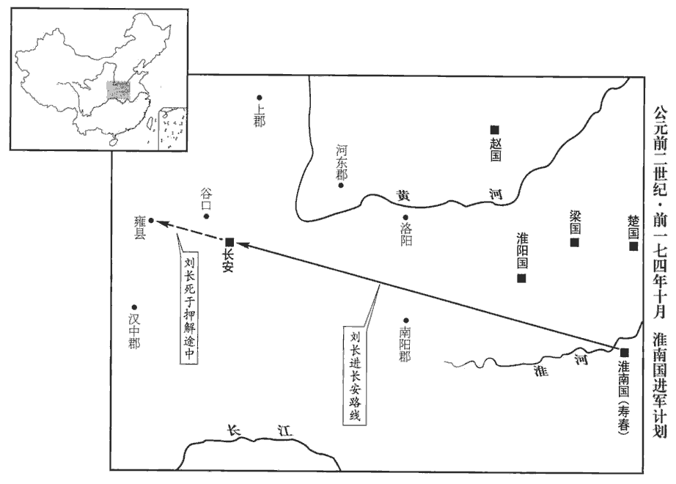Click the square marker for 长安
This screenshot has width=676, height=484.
(229, 242)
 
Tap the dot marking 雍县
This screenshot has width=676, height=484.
(151, 221)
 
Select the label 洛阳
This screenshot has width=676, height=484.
(406, 235)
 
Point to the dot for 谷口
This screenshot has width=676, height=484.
(207, 216)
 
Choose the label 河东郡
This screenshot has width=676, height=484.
(342, 162)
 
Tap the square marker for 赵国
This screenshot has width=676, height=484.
(494, 129)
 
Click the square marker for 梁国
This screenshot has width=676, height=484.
(574, 243)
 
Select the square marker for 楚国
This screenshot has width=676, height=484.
(633, 246)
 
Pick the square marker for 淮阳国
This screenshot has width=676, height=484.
(521, 278)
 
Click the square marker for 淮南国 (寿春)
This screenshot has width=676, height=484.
(624, 352)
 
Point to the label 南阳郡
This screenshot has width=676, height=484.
(405, 344)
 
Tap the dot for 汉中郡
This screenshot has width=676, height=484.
(134, 307)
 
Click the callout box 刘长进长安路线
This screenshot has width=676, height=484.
(354, 375)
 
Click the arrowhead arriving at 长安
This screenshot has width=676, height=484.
(242, 245)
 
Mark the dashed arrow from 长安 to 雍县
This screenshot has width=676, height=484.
(190, 231)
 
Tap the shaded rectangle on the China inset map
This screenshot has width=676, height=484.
(118, 91)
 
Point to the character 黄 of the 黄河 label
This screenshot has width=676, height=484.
(403, 195)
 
